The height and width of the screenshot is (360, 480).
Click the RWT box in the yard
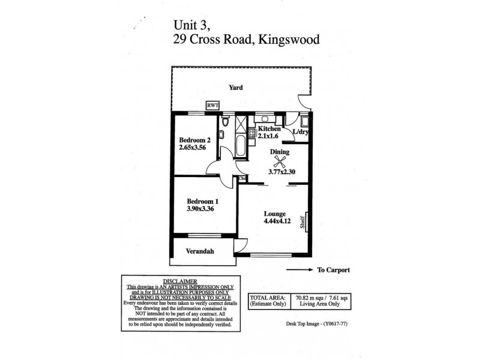click(212, 106)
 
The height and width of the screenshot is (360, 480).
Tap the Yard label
click(236, 88)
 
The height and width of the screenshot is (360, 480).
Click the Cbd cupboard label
click(242, 178)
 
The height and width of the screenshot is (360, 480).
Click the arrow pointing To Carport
click(298, 270)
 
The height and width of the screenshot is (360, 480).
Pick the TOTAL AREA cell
click(265, 296)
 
